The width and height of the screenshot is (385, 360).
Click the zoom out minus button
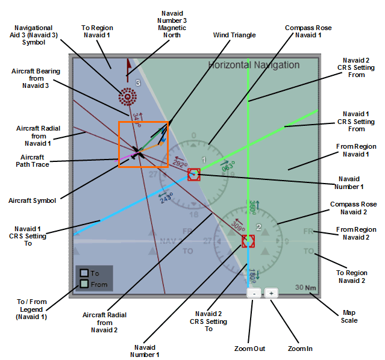pos(254,293)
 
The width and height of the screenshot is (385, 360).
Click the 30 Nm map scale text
pos(305,287)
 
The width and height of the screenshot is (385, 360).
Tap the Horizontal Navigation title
pos(253,65)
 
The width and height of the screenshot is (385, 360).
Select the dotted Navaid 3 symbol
pos(127,95)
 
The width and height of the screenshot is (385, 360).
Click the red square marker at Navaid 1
pos(193,175)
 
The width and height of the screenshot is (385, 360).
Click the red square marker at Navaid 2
pos(248,241)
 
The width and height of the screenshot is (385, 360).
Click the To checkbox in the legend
pos(84,273)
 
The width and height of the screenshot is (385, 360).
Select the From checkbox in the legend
pos(84,284)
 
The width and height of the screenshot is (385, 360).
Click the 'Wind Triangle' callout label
pos(234,35)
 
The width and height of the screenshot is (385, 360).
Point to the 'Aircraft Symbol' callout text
pos(34,200)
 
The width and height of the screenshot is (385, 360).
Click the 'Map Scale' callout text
pos(349,316)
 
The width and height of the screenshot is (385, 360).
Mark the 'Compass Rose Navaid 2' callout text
pos(353,208)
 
